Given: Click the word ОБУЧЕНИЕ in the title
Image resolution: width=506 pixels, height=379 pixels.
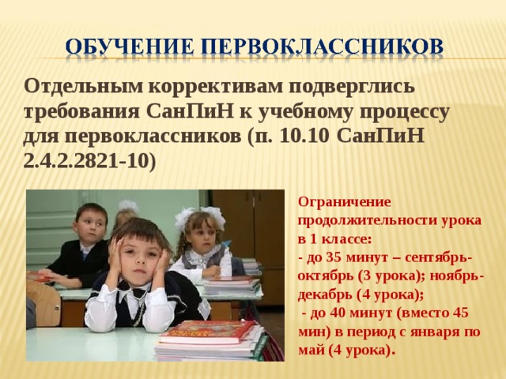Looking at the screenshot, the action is [x=130, y=47].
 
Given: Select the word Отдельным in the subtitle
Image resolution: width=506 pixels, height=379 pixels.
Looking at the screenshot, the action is [x=82, y=87].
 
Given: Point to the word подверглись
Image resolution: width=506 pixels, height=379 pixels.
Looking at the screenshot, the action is [x=351, y=88].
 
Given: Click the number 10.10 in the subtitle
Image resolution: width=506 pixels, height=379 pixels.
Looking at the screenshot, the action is [x=304, y=137].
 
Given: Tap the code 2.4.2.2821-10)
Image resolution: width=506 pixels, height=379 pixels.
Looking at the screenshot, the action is [x=89, y=161].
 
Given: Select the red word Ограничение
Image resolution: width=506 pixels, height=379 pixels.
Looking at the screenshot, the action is [x=345, y=202].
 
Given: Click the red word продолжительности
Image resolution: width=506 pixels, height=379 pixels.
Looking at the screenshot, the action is [x=365, y=221].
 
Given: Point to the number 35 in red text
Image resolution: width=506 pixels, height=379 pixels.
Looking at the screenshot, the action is [x=334, y=257].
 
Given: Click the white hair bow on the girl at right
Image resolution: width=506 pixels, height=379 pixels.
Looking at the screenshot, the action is [x=214, y=216].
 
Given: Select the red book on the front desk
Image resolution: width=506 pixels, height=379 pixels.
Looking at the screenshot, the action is [x=207, y=332].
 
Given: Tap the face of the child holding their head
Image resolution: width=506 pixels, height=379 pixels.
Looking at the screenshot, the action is [x=140, y=254].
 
